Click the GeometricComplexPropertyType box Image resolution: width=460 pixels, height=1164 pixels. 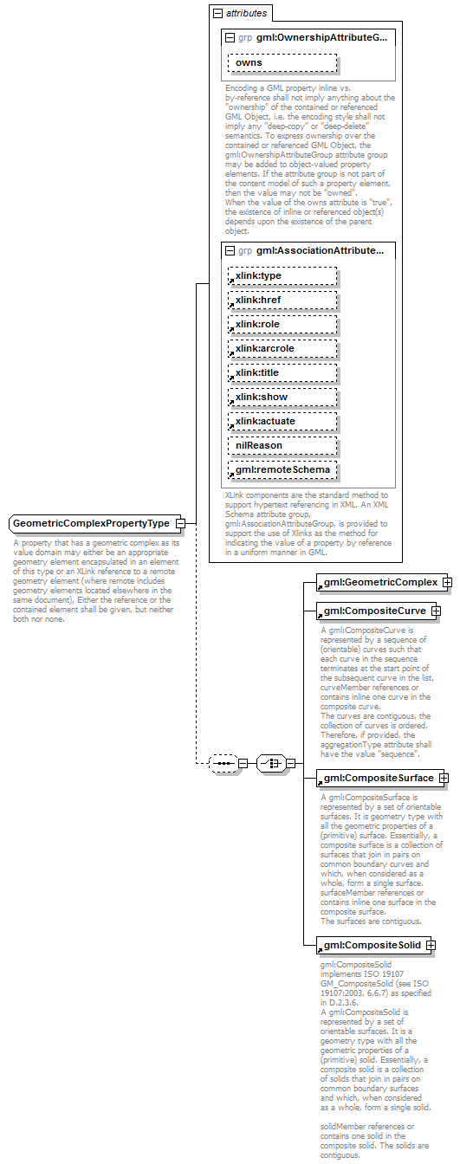[91, 524]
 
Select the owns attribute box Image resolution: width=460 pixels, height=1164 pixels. [282, 63]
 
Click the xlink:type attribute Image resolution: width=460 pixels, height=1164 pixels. [282, 275]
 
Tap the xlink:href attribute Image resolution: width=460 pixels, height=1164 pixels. [282, 300]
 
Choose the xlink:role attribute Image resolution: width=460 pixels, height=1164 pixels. [282, 324]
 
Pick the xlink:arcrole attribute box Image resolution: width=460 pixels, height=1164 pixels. [282, 348]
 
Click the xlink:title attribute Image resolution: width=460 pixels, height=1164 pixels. [282, 372]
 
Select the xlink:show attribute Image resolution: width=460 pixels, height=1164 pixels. [282, 397]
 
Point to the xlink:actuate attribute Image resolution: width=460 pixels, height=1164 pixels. [282, 421]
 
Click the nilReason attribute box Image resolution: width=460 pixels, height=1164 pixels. [282, 445]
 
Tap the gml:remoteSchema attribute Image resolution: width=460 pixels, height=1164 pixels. [282, 469]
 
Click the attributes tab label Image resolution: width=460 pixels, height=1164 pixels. [246, 14]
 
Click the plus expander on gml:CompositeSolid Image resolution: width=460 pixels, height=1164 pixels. [430, 945]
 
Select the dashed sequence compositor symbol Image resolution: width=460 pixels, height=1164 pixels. [224, 763]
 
